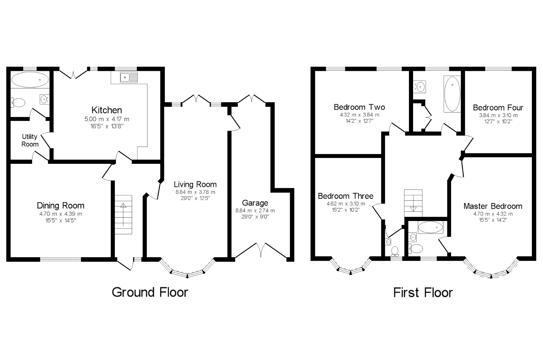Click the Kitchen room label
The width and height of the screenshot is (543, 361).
(107, 110)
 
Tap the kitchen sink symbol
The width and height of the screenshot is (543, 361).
(129, 77)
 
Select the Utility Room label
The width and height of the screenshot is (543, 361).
(30, 140)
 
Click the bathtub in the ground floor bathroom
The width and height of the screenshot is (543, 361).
(30, 80)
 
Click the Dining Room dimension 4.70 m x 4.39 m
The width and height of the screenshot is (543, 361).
(61, 214)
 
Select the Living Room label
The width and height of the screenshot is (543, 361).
(195, 184)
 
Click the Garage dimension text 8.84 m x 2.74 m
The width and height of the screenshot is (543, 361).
(255, 211)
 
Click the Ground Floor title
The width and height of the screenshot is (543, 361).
(150, 292)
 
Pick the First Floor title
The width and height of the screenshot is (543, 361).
(423, 292)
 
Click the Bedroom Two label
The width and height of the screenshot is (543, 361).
(359, 107)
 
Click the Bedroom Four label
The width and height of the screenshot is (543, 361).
(498, 108)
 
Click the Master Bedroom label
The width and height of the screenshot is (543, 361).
(493, 206)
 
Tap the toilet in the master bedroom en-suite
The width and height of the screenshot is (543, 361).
(415, 249)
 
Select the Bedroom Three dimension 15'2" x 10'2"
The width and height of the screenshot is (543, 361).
(346, 210)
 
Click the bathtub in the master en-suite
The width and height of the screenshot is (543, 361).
(430, 227)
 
